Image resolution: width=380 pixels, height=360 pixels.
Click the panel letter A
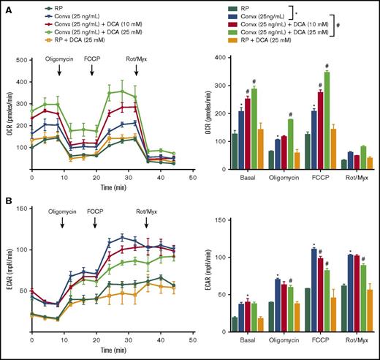pyautogui.click(x=7, y=7)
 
